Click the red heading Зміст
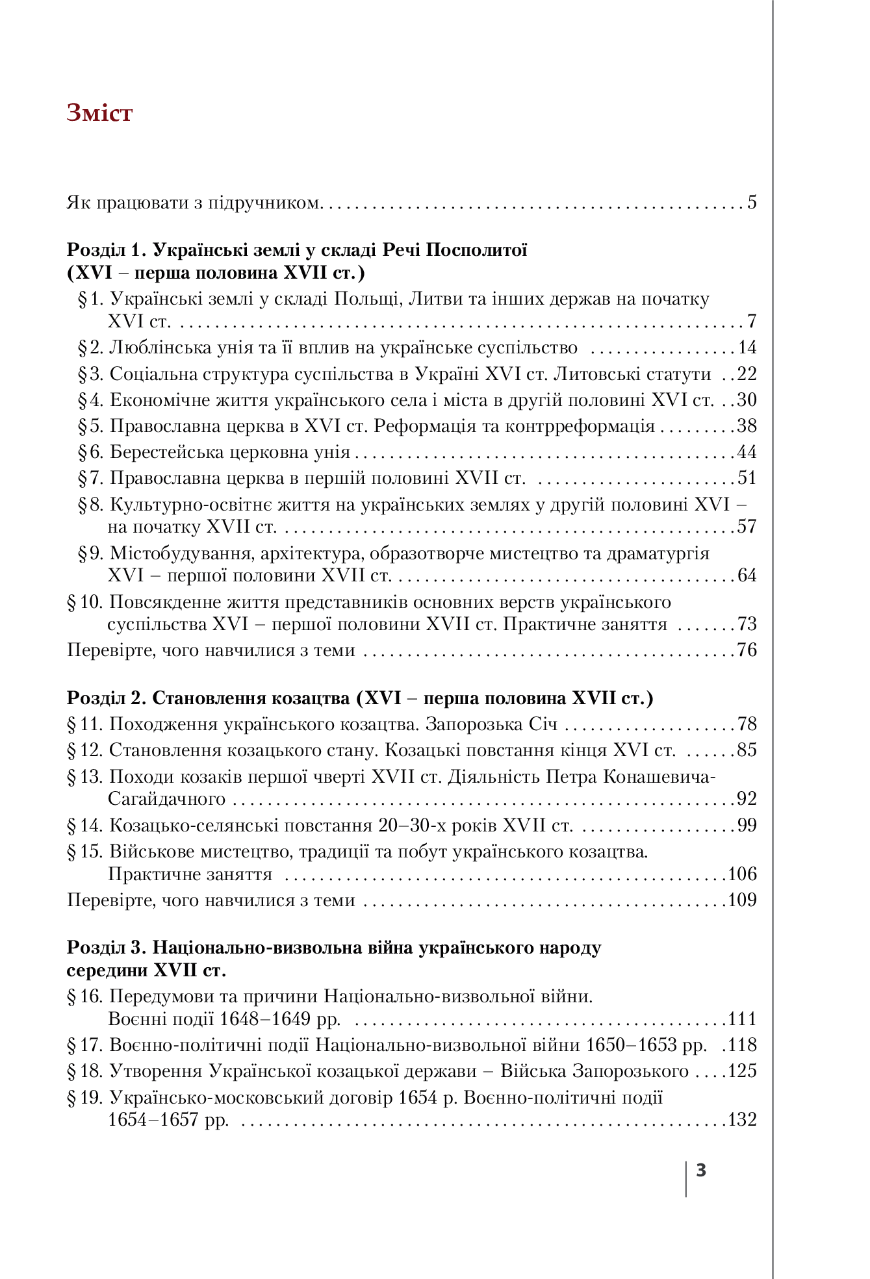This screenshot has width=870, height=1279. (99, 113)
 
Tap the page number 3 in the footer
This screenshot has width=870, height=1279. (701, 1171)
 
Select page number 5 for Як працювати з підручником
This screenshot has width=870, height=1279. (752, 203)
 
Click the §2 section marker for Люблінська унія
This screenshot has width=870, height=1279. (91, 348)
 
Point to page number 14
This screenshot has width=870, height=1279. (747, 348)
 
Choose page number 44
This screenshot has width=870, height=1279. (747, 453)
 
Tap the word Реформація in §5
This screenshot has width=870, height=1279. (424, 426)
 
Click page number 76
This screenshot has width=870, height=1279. (747, 650)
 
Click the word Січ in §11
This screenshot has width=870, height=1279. (543, 724)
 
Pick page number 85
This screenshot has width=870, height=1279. (747, 751)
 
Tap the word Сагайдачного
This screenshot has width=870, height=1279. (166, 799)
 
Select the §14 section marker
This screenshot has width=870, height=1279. (85, 826)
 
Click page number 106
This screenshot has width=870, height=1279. (743, 874)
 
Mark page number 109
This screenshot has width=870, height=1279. (743, 900)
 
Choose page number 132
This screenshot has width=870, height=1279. (743, 1120)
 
